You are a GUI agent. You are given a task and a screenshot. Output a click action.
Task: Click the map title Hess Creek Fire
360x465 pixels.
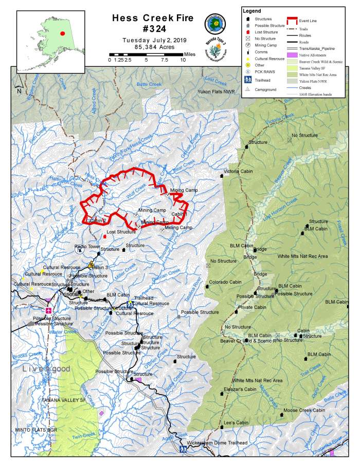153,18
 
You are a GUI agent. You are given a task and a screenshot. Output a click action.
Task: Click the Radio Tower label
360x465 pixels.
87,247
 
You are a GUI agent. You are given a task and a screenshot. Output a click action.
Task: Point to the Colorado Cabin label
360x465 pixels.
225,282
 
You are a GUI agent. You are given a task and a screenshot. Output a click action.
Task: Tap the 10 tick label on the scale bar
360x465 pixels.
183,60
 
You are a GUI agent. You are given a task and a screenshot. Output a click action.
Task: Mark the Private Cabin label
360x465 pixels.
252,307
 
